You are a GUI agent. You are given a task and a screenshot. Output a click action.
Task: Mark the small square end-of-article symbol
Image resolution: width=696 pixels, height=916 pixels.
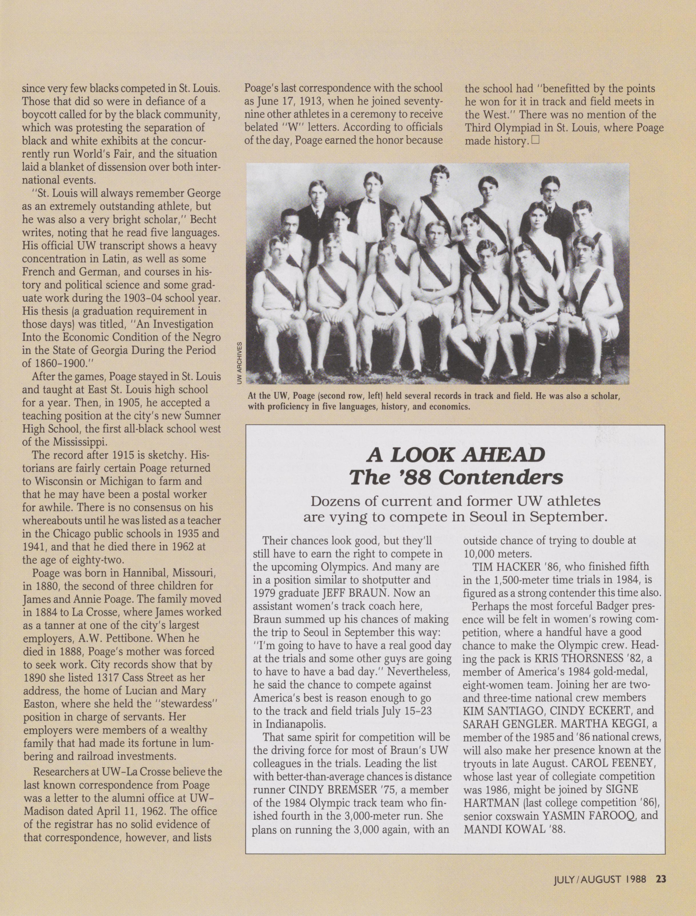535,140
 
